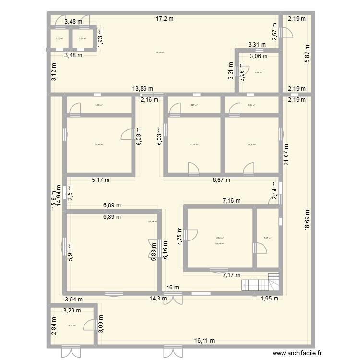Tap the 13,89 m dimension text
tap(143, 89)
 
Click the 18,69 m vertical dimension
tap(307, 221)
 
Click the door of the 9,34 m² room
tap(89, 324)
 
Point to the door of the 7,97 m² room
tap(261, 248)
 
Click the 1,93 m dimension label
tap(100, 37)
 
